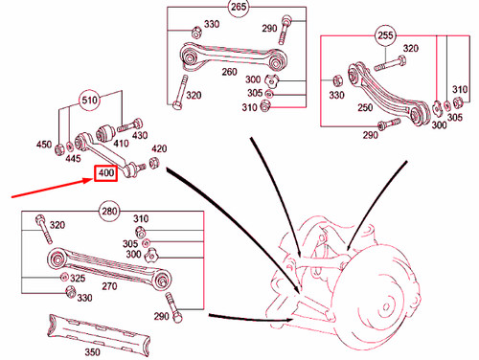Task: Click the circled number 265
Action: [237, 9]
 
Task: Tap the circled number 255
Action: [386, 37]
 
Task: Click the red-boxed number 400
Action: [104, 175]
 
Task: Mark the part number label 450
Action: [43, 145]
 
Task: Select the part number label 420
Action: [159, 149]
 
